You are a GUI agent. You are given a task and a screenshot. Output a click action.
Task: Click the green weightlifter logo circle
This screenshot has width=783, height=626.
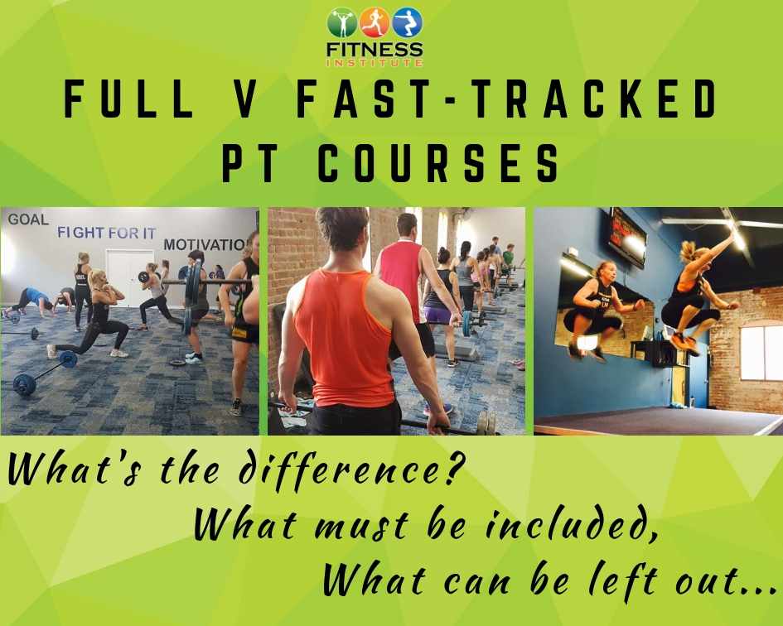[x=342, y=23]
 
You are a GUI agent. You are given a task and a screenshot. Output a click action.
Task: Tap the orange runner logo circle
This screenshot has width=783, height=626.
[x=375, y=23]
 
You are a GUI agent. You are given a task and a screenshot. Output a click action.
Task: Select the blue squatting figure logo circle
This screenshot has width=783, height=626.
[x=408, y=23]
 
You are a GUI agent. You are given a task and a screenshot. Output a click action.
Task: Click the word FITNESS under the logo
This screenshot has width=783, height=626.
[x=375, y=50]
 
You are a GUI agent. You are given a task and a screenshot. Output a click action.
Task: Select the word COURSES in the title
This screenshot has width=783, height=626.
[x=439, y=162]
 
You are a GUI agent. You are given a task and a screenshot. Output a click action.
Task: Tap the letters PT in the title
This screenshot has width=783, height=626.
[x=249, y=162]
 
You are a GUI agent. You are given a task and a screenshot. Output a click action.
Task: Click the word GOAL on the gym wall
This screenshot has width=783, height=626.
[x=28, y=219]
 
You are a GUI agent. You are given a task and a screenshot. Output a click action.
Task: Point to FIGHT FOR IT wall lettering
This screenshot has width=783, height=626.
[x=106, y=233]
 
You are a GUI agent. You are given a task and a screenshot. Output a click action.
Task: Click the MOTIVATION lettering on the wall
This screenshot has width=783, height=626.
[x=205, y=244]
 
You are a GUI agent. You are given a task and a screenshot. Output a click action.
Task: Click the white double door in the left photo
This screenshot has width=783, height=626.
[x=130, y=277]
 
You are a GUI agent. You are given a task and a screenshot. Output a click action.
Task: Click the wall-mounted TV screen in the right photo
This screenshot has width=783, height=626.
[x=626, y=237]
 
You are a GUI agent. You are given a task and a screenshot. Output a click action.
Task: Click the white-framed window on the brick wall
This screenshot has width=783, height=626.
[x=761, y=354]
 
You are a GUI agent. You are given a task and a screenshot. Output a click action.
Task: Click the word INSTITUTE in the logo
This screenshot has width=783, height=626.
[x=375, y=63]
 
